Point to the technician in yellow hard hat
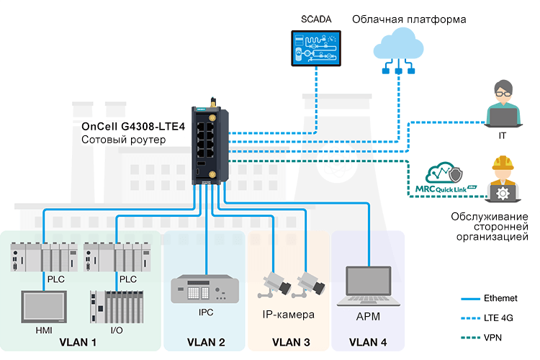(x=503, y=181)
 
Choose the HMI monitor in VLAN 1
(x=44, y=306)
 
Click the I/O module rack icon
(x=113, y=306)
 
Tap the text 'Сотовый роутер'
(x=123, y=140)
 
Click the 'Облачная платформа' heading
(x=408, y=19)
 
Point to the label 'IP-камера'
(x=289, y=315)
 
